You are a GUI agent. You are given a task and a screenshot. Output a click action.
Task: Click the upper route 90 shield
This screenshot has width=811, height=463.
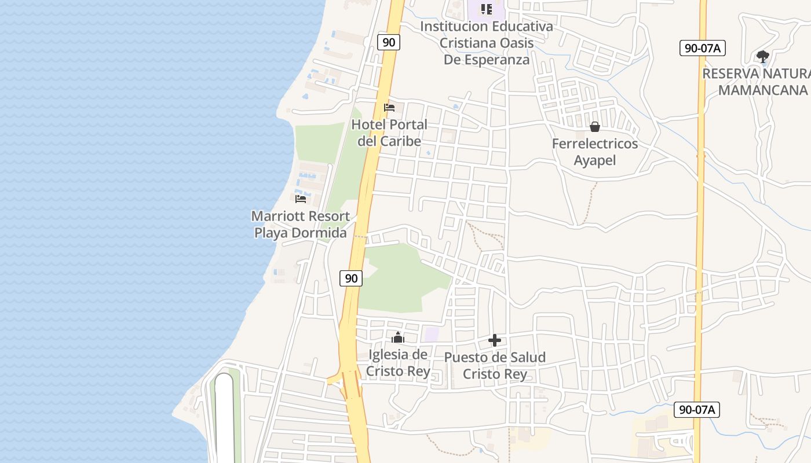click(x=389, y=42)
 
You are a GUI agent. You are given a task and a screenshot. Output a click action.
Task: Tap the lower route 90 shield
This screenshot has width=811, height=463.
click(x=351, y=278)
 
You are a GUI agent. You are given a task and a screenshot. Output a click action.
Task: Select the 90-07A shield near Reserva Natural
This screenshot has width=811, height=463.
click(x=702, y=48)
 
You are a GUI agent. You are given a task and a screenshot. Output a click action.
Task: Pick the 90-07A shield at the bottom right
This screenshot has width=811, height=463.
click(x=697, y=410)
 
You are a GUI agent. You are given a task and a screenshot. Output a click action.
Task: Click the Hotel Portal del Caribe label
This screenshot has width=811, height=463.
click(x=389, y=133)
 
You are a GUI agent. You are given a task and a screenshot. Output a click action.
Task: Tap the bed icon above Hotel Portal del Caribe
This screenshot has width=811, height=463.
click(x=389, y=108)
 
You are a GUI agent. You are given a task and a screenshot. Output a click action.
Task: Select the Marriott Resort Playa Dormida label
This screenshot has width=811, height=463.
click(x=301, y=225)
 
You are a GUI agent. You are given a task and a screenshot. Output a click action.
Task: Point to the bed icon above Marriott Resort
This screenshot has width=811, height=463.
click(x=301, y=199)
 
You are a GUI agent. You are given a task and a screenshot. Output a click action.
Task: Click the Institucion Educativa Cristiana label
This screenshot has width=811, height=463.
click(x=487, y=43)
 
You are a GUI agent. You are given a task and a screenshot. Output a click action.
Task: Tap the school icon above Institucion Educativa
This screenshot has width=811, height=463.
click(x=487, y=9)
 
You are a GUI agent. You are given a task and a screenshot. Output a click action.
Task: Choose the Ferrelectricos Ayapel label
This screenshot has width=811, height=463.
click(x=595, y=152)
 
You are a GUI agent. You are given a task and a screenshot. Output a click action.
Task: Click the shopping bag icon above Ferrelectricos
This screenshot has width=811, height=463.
click(x=595, y=127)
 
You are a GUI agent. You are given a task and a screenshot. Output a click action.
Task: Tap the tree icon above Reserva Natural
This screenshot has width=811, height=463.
click(x=763, y=57)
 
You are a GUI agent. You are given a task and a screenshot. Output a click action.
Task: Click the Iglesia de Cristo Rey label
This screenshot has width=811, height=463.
click(x=399, y=363)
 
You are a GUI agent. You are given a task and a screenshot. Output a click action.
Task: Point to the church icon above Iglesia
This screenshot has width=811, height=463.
click(x=398, y=337)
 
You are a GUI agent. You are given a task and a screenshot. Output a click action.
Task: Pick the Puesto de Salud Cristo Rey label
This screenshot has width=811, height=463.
click(x=495, y=365)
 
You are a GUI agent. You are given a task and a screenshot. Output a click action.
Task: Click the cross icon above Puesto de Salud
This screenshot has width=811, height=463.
click(x=495, y=340)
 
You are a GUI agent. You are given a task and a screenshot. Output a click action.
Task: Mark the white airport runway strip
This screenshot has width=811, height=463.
click(x=224, y=417)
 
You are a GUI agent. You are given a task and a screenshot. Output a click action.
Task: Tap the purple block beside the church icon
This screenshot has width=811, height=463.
click(x=431, y=334)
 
